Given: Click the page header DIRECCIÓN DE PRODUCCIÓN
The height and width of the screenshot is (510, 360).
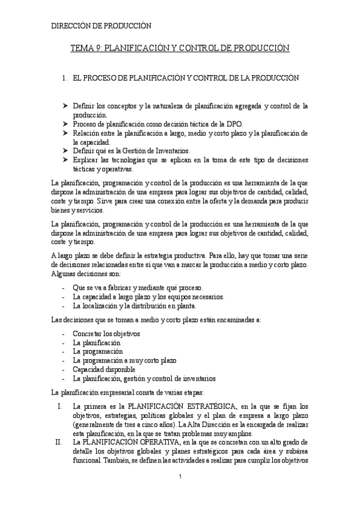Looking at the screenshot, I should coord(100,26).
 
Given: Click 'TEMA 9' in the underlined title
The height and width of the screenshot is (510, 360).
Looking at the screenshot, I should coord(86,48).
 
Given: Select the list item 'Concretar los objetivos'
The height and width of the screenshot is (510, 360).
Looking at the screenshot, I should coord(106,333).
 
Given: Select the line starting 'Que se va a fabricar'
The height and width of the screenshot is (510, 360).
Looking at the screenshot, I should coord(138,287).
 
